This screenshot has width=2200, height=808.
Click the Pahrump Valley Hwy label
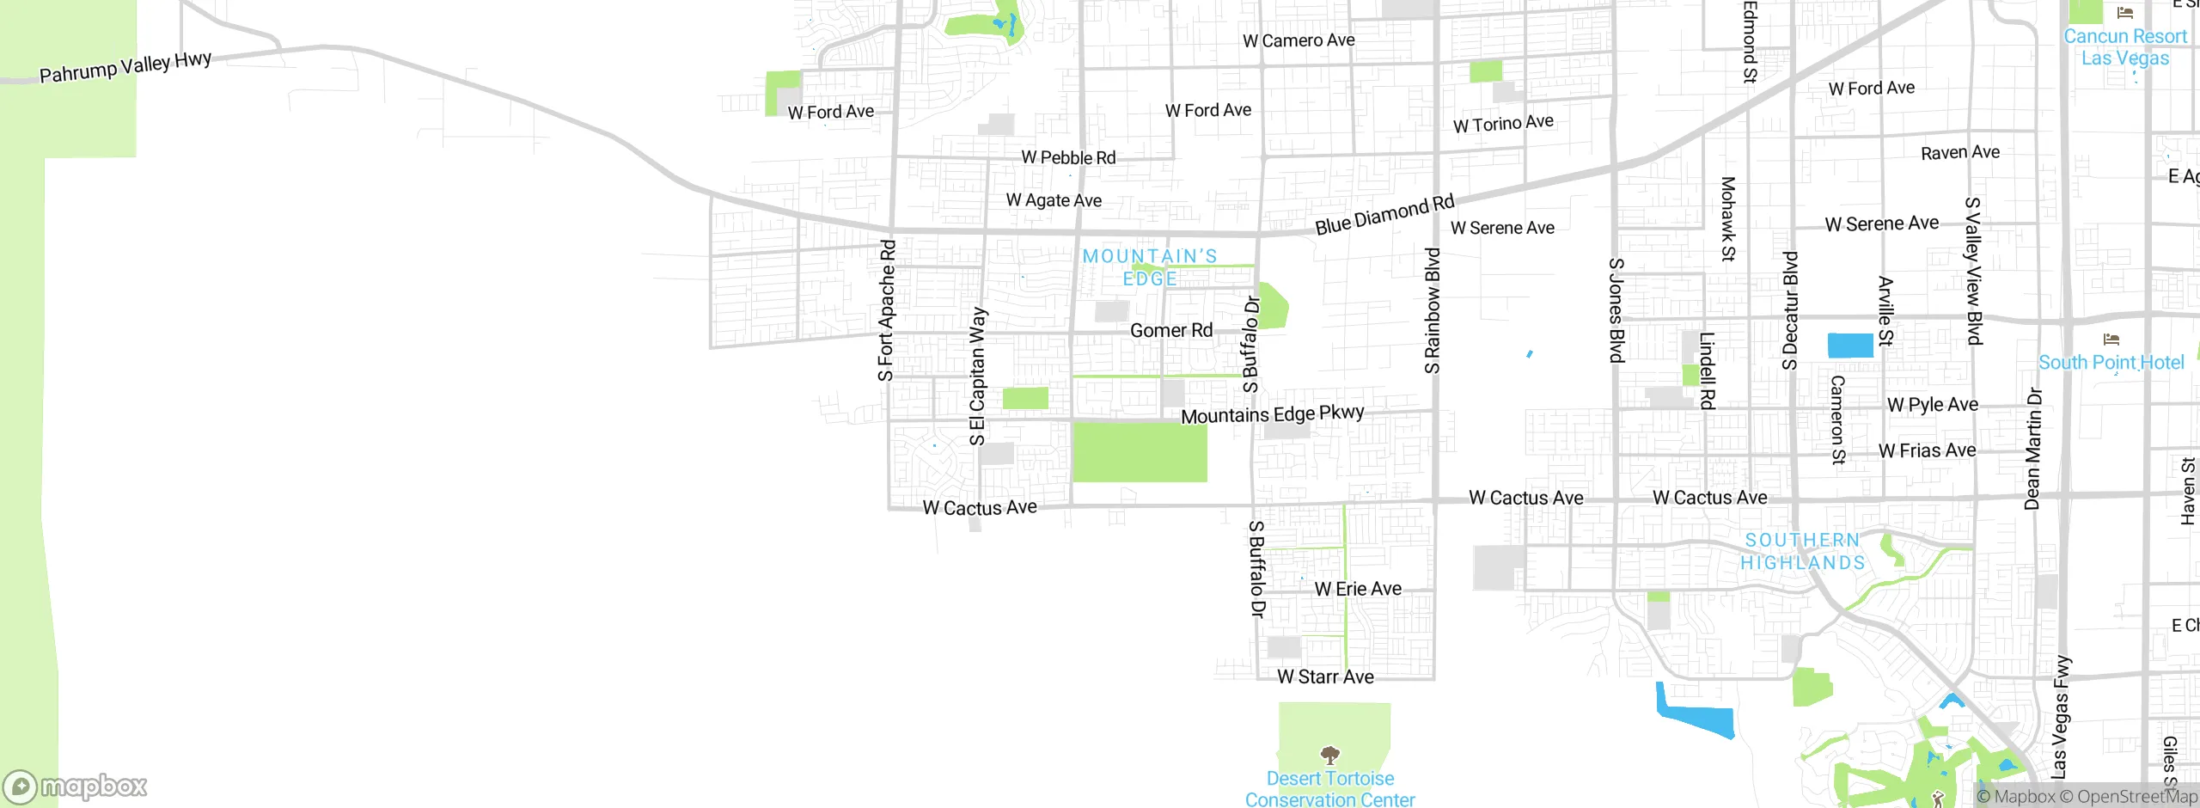[125, 67]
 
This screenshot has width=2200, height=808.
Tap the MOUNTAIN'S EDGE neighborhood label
[1150, 267]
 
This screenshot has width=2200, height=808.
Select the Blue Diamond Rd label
[1384, 214]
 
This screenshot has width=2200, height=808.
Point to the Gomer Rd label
[1171, 331]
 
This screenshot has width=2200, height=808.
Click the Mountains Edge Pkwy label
[1272, 414]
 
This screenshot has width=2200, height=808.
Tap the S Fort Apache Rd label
[886, 310]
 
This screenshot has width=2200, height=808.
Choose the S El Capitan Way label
[977, 376]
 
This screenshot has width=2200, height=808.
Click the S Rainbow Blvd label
[1432, 311]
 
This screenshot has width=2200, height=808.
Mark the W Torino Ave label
[1503, 124]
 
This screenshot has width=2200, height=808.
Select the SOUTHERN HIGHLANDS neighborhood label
[1802, 551]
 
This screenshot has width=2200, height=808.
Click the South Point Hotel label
[2111, 363]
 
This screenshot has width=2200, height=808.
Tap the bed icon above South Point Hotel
[2111, 339]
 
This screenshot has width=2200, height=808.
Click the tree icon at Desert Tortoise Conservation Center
[1329, 756]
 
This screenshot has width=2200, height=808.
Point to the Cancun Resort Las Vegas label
[2125, 47]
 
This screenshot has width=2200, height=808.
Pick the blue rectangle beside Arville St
[1849, 345]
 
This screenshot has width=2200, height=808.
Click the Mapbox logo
[76, 786]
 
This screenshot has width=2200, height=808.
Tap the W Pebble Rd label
[1068, 158]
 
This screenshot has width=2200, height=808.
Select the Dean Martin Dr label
[2032, 449]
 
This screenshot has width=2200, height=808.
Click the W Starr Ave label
[1325, 677]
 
